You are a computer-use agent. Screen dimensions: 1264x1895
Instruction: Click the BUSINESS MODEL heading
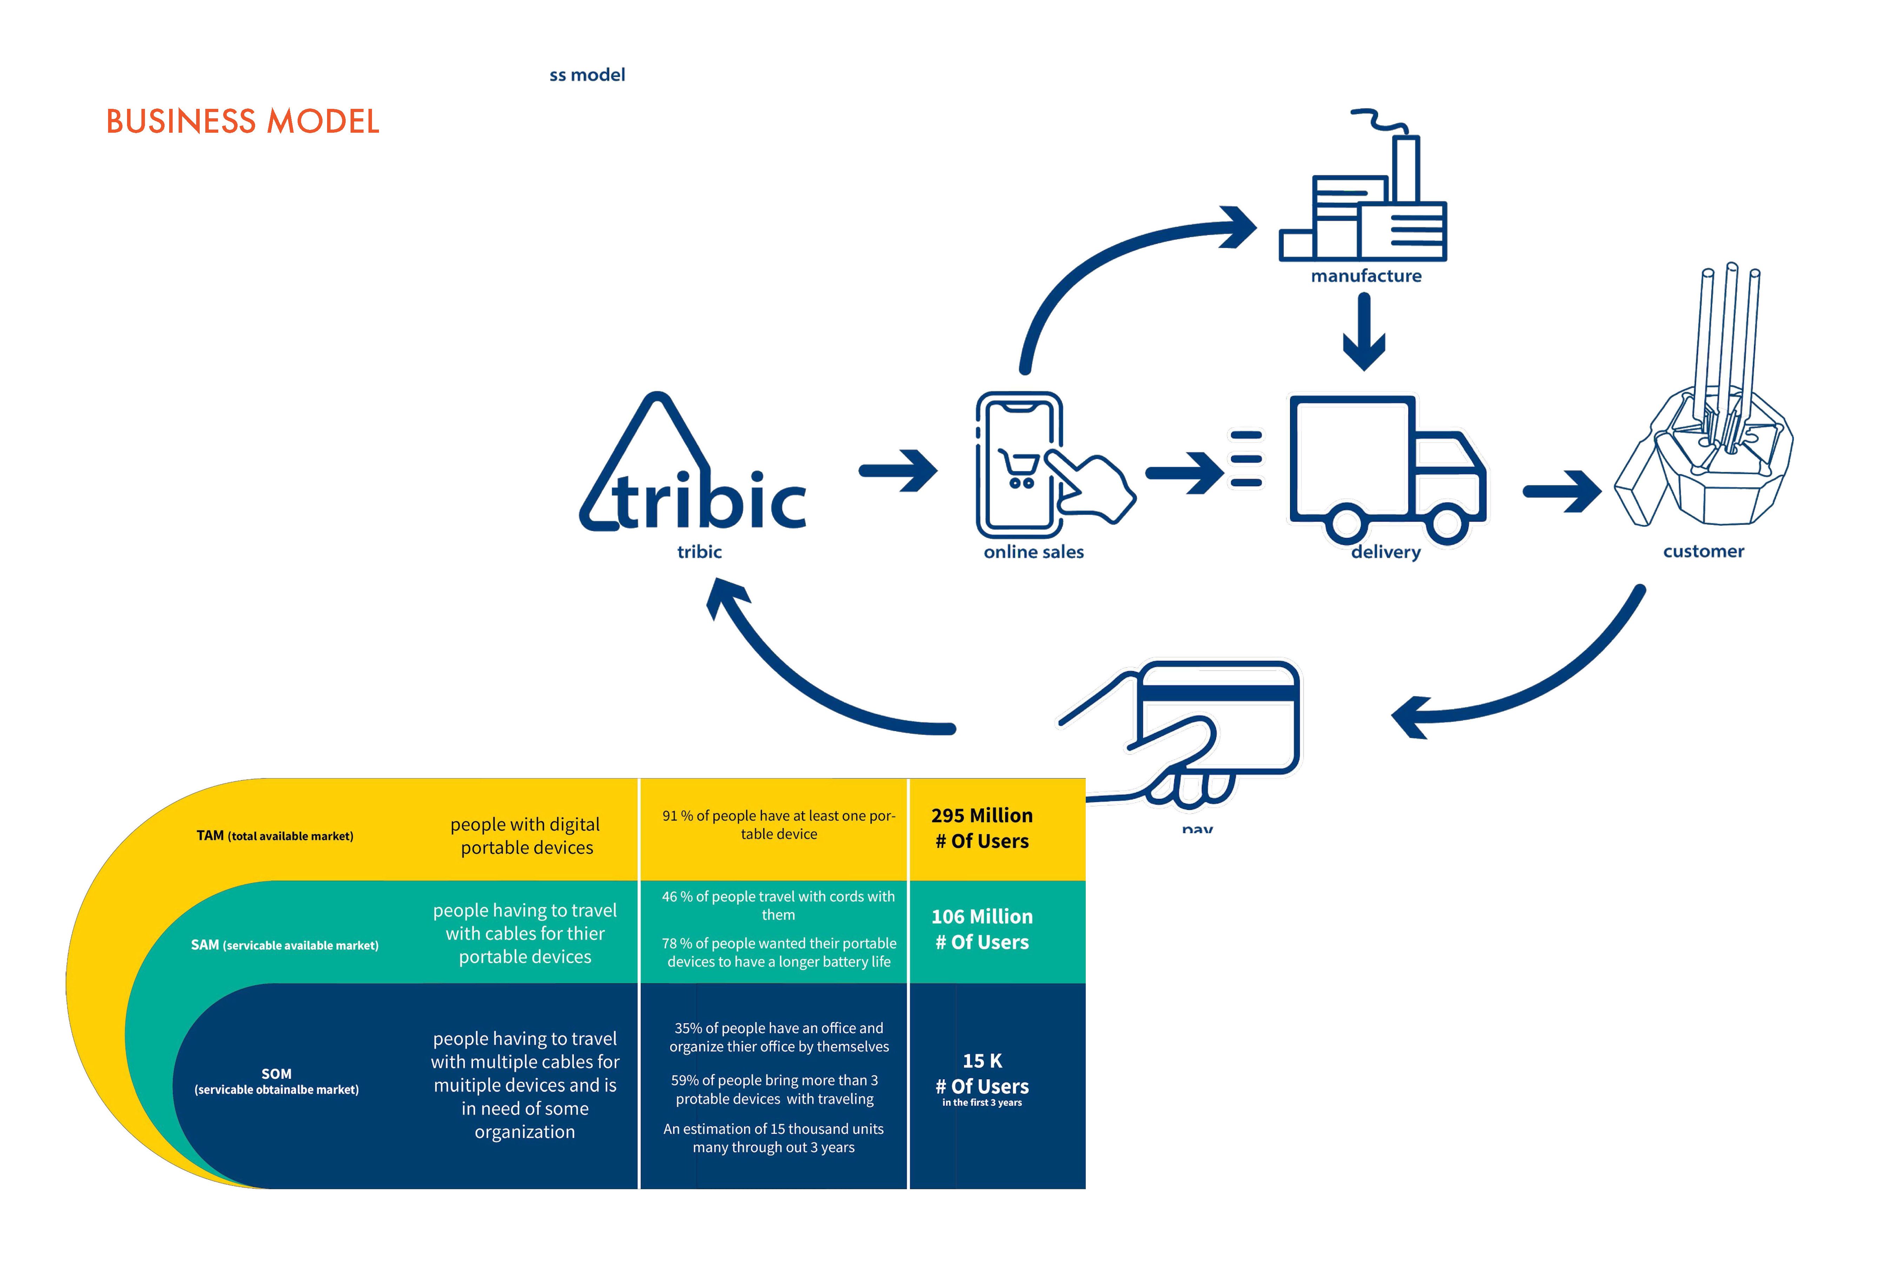pyautogui.click(x=242, y=122)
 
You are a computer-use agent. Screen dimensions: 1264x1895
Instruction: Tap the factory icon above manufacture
pyautogui.click(x=1363, y=197)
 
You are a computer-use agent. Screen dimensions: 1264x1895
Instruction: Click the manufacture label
pyautogui.click(x=1366, y=276)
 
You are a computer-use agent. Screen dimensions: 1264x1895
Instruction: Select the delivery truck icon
pyautogui.click(x=1386, y=468)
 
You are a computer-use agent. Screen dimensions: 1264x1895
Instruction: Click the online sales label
pyautogui.click(x=1034, y=552)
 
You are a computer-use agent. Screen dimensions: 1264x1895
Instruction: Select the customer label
pyautogui.click(x=1703, y=551)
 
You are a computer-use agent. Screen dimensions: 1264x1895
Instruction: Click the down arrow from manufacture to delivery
pyautogui.click(x=1364, y=330)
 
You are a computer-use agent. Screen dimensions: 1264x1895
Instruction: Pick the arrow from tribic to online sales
pyautogui.click(x=898, y=471)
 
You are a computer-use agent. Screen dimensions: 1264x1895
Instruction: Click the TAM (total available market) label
pyautogui.click(x=275, y=836)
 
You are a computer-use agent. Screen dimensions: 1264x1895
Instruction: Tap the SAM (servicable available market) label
pyautogui.click(x=284, y=945)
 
